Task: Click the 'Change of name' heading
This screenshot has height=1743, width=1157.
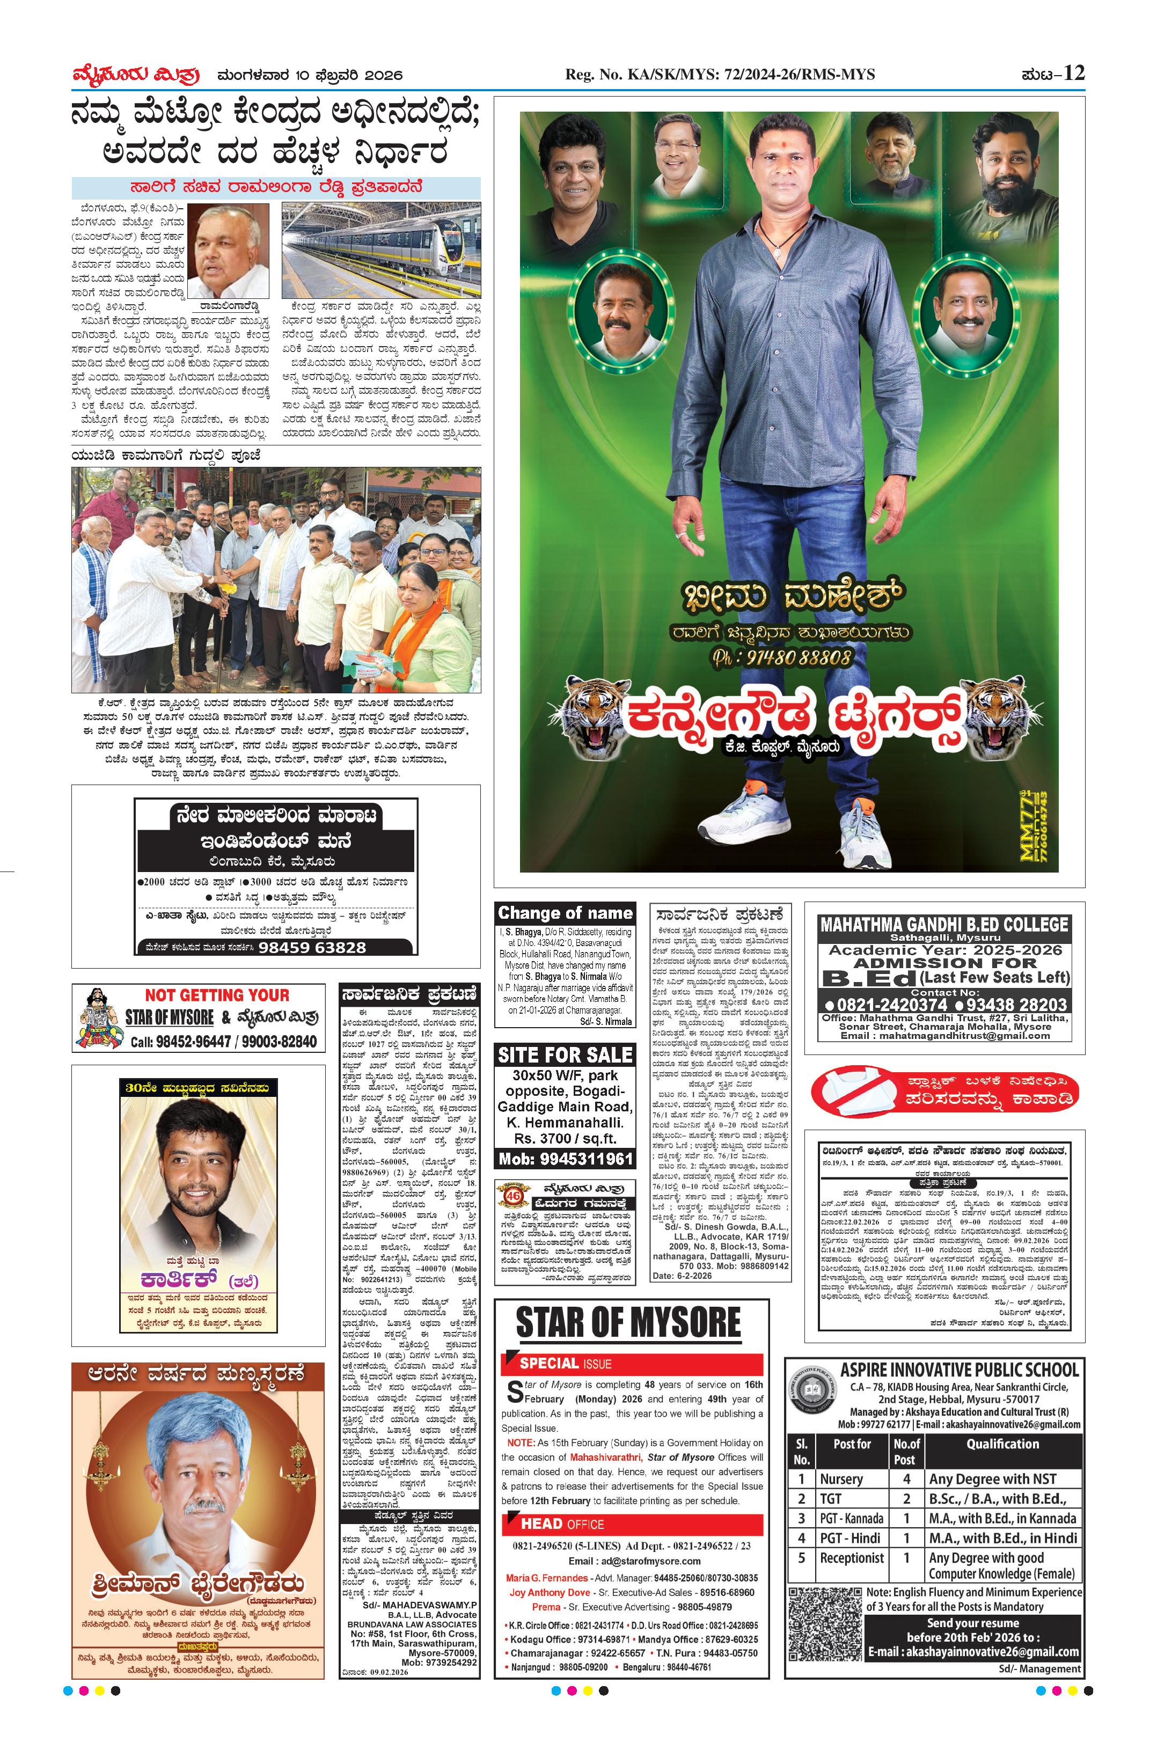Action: coord(565,913)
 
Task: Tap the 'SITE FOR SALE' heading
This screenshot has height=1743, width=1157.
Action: coord(565,1055)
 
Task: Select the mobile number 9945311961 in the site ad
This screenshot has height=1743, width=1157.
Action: coord(565,1159)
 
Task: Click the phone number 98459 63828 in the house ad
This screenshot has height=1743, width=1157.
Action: coord(312,948)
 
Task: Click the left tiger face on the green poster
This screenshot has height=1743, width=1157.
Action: coord(587,712)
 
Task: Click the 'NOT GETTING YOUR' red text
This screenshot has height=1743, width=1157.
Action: coord(217,995)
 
